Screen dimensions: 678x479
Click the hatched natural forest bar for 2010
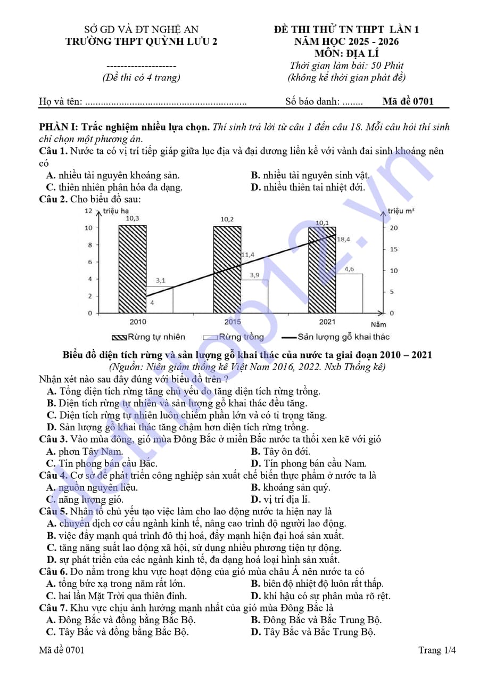point(133,269)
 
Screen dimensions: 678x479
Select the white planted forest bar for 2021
point(350,293)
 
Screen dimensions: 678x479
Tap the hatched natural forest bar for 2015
point(227,269)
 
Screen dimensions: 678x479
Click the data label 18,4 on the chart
point(344,239)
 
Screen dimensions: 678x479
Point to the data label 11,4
point(247,255)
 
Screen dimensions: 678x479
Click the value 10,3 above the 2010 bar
point(133,218)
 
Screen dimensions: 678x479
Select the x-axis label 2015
point(233,322)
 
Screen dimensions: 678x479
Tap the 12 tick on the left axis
point(88,211)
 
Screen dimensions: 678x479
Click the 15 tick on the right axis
point(394,249)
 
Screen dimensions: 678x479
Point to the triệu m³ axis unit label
point(401,211)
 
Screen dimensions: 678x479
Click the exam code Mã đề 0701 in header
point(408,101)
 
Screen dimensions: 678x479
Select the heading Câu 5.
point(53,511)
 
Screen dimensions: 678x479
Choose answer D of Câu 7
point(313,632)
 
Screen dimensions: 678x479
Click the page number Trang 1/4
point(437,650)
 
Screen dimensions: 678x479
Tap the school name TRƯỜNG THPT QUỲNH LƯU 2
point(141,42)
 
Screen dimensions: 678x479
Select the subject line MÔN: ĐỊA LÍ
point(346,53)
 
